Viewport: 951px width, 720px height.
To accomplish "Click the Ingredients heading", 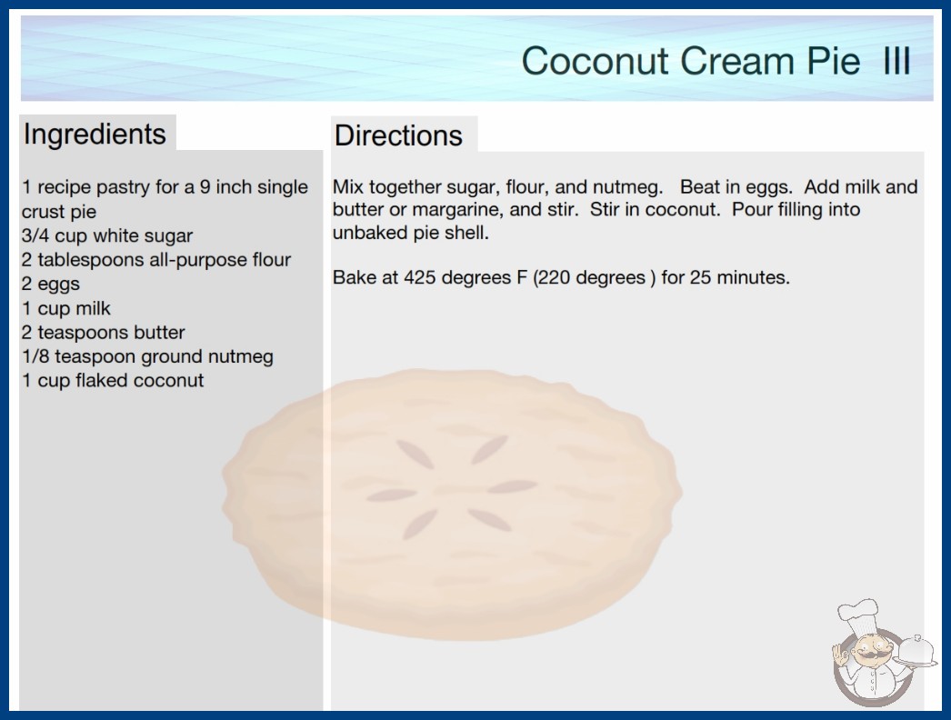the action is pos(95,135).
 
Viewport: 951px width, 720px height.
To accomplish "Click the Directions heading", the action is pos(398,135).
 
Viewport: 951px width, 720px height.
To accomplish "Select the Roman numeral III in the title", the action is pos(897,61).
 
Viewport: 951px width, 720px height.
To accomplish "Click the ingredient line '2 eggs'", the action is pos(51,284).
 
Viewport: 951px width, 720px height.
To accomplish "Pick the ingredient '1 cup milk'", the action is pos(66,308).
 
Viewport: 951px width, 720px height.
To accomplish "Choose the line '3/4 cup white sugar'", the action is pos(107,235).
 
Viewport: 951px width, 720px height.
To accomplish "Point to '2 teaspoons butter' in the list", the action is pos(103,333).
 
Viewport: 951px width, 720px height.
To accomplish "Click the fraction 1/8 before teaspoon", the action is pos(35,356).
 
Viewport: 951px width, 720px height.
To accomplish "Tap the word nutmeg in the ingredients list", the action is pos(240,357).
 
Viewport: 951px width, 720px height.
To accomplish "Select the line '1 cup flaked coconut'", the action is pos(113,380).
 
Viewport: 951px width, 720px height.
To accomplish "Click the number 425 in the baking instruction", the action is pos(418,277).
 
